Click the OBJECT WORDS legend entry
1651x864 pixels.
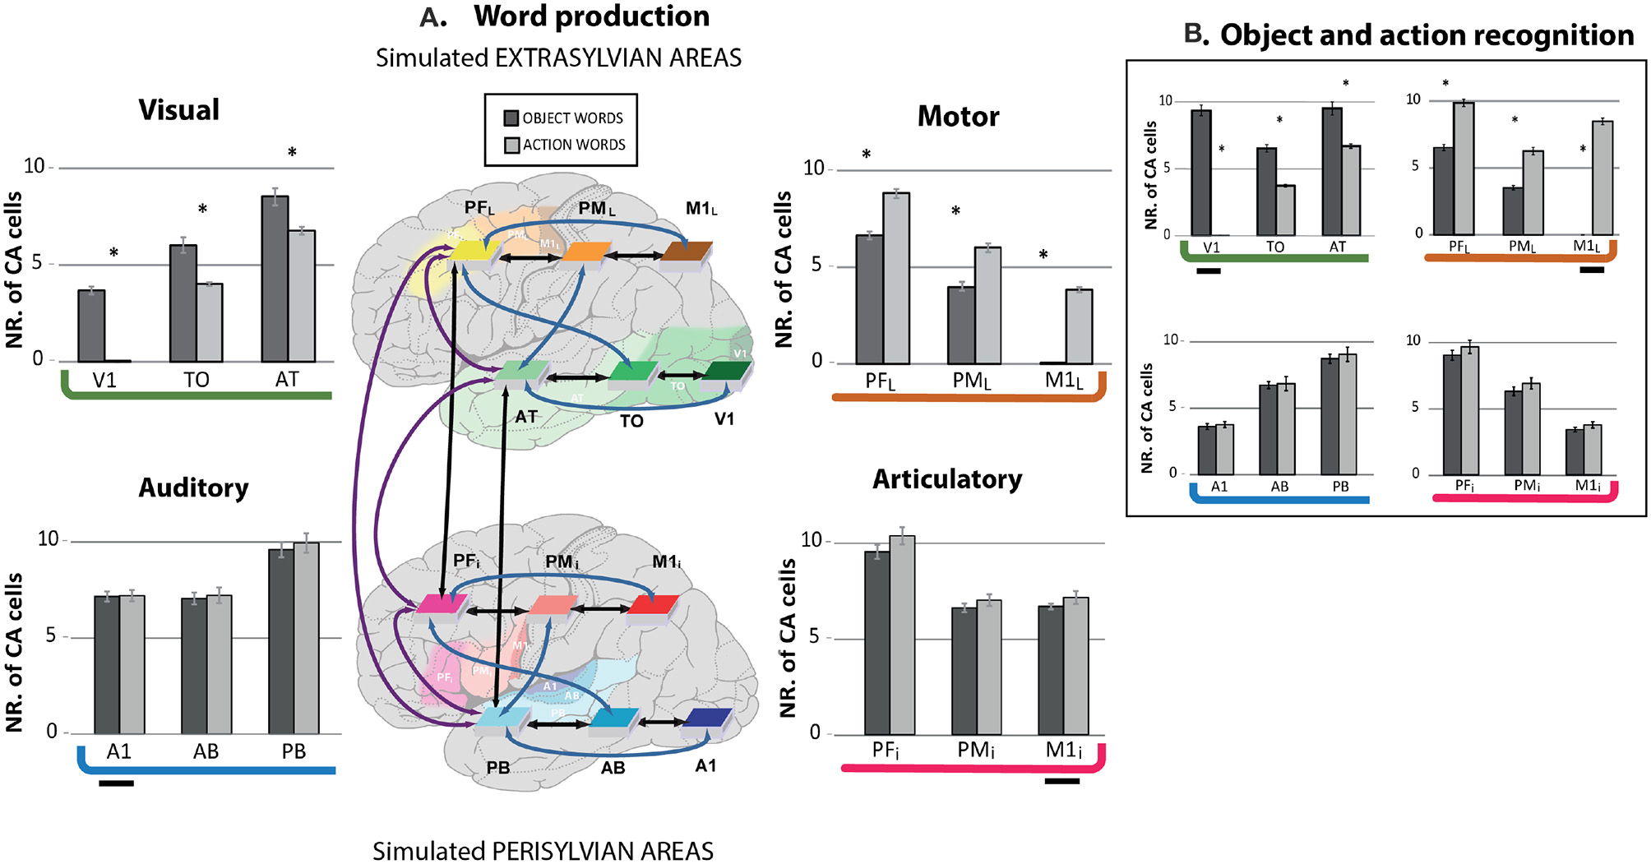[564, 118]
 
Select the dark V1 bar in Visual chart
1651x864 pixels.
[91, 326]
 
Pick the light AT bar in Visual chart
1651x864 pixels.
[302, 296]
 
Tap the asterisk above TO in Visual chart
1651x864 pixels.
[202, 210]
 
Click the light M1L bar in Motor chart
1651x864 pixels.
[1080, 326]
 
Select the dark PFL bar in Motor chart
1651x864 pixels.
[869, 299]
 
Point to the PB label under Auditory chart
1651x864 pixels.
[294, 751]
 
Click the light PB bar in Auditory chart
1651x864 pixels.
[307, 638]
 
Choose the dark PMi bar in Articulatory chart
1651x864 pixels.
[964, 671]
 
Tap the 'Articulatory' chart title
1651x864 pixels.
[947, 479]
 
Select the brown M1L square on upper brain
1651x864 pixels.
[687, 252]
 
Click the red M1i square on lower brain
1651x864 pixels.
[653, 606]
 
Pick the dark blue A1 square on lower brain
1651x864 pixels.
[707, 718]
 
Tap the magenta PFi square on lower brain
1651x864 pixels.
[442, 604]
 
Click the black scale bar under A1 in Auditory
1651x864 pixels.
[116, 783]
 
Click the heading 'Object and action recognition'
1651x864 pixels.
[1426, 35]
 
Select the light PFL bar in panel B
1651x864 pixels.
[1464, 169]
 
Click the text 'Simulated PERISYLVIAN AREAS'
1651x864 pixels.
[543, 851]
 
